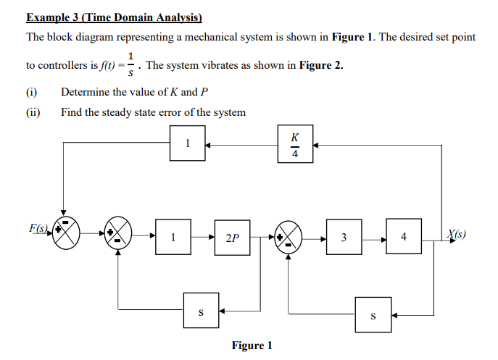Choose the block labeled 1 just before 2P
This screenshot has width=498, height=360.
[x=173, y=237]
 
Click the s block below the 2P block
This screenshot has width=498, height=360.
[x=201, y=311]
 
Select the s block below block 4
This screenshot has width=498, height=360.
[x=373, y=315]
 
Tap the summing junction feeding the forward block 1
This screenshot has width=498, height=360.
[x=119, y=235]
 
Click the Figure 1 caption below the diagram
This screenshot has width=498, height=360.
[x=252, y=346]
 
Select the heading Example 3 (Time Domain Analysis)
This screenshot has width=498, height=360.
[x=114, y=17]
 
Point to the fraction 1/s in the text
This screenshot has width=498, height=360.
[x=130, y=65]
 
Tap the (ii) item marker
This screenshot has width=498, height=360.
[x=33, y=112]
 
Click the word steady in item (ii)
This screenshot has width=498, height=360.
[x=117, y=112]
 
